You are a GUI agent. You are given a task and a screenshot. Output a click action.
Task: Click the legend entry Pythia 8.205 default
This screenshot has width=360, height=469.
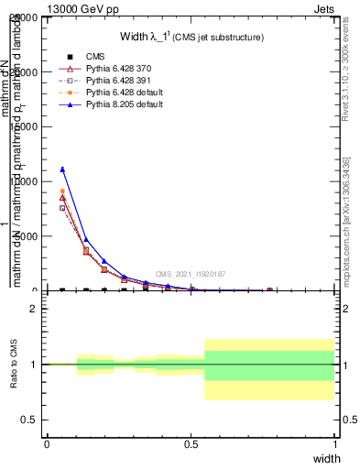pyautogui.click(x=124, y=105)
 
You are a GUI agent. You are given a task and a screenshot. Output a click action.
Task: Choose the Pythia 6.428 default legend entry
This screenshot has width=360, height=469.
pyautogui.click(x=124, y=93)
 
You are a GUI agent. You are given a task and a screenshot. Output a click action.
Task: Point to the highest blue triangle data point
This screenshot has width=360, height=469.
pyautogui.click(x=62, y=169)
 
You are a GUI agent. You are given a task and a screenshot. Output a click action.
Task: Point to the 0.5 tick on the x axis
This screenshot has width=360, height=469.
pyautogui.click(x=191, y=444)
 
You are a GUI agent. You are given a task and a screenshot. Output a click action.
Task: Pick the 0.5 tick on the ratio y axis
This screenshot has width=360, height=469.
pyautogui.click(x=28, y=420)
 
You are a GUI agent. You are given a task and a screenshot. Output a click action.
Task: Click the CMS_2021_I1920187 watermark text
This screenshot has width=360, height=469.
pyautogui.click(x=190, y=274)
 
